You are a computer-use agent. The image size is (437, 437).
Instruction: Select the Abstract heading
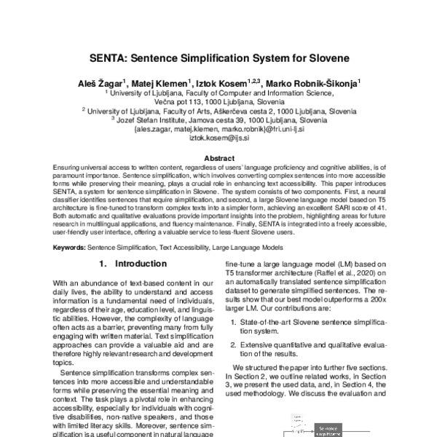(219, 158)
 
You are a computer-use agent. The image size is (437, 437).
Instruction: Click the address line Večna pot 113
(219, 103)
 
